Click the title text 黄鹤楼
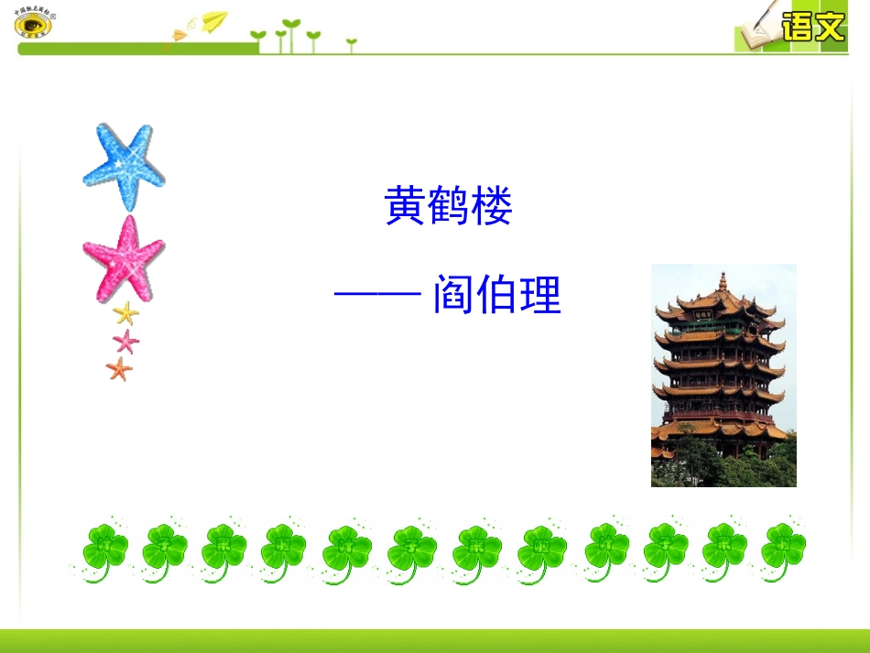(448, 207)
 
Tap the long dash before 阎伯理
(377, 296)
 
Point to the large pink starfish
(124, 258)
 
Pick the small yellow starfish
(125, 314)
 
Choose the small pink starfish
(125, 342)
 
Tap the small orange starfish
(119, 369)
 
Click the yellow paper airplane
(214, 20)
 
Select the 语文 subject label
(812, 27)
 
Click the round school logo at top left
(34, 23)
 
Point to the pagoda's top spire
(723, 280)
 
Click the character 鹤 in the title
(448, 207)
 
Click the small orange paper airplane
(179, 35)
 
